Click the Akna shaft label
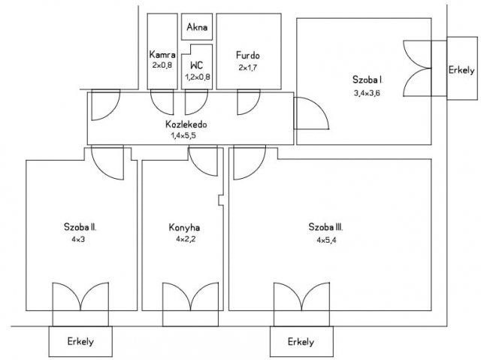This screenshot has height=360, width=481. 197,27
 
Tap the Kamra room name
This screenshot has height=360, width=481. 162,55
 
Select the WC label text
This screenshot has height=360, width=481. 197,65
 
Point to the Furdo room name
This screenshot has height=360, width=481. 248,55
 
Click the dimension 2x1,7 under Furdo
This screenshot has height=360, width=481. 248,68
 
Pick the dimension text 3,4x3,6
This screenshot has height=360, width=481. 367,93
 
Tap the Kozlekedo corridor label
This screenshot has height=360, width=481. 186,124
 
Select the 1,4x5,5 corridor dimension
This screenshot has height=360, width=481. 183,135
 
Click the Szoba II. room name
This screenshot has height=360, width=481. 80,227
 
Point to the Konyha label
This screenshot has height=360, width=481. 184,227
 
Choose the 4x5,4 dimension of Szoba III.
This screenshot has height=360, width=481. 326,240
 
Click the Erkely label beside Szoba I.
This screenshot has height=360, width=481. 461,70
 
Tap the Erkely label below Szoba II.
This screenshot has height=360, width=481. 80,341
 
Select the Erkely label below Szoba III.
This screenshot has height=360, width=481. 301,342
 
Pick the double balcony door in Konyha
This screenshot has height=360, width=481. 190,296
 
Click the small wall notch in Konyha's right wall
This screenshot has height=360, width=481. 220,200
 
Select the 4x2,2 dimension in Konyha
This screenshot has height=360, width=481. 186,239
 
